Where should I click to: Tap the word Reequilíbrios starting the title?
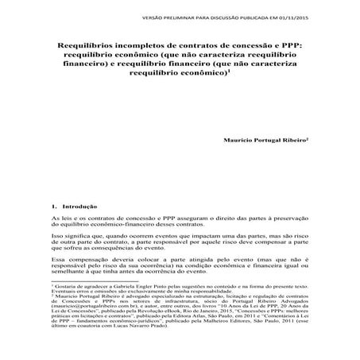[87, 48]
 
